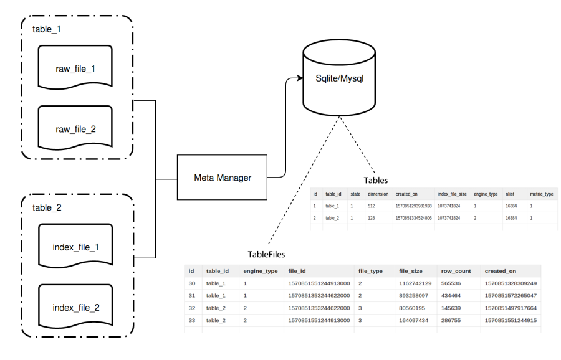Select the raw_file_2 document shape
pos(75,129)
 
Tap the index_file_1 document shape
pos(75,248)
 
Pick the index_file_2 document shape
pos(75,307)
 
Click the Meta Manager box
pos(223,179)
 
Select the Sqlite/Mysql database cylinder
pos(337,79)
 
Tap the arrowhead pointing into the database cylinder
pos(297,79)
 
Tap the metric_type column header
pos(540,194)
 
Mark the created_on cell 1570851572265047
pos(511,295)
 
